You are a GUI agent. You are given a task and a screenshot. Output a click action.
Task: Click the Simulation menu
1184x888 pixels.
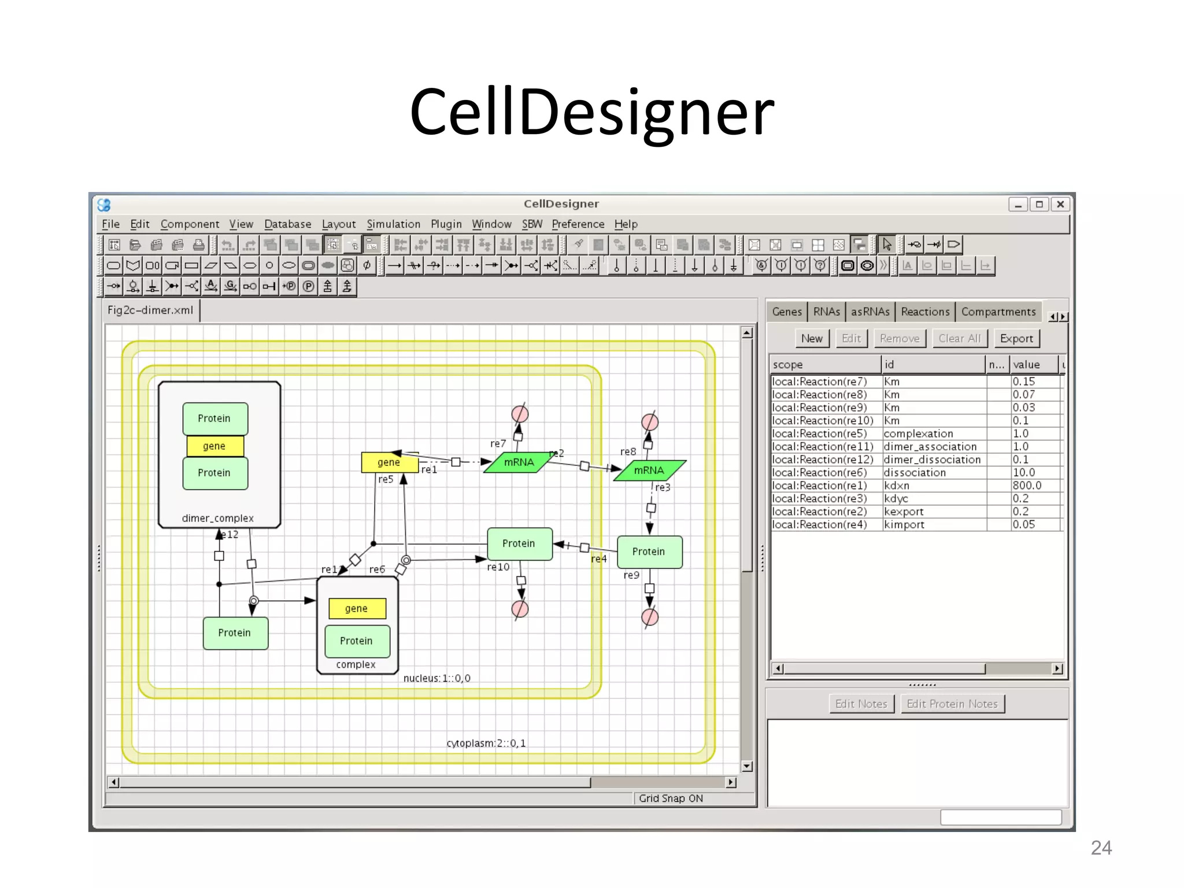(393, 224)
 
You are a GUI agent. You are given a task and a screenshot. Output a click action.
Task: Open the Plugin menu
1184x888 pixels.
(446, 224)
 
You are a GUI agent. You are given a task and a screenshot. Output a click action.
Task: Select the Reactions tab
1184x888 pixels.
(925, 312)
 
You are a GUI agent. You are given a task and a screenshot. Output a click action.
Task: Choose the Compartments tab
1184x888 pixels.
(998, 312)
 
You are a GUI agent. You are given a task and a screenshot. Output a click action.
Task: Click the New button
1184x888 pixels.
(812, 338)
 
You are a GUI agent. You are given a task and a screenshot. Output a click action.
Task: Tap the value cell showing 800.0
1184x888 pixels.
(1027, 486)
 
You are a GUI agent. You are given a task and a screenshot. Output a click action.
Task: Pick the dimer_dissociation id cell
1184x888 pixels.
(932, 460)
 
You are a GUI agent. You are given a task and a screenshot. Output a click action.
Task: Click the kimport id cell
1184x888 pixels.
(904, 524)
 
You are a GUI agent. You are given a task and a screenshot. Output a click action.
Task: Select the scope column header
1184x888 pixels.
(824, 365)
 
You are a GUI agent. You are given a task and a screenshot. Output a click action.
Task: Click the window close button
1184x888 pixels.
(1060, 204)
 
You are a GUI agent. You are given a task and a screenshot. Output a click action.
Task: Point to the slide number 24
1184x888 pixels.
(1101, 848)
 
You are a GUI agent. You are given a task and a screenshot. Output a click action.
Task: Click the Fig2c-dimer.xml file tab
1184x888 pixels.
(150, 310)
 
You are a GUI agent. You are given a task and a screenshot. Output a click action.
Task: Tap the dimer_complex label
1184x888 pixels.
(218, 518)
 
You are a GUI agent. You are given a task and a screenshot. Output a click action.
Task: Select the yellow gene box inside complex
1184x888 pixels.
(356, 608)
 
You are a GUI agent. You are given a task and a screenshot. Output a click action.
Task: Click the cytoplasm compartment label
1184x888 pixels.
(486, 743)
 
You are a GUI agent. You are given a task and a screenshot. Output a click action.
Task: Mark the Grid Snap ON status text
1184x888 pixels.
(671, 798)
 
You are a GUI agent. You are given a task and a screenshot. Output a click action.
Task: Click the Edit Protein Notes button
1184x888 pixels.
(952, 704)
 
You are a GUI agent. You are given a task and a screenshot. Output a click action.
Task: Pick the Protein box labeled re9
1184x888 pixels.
(649, 552)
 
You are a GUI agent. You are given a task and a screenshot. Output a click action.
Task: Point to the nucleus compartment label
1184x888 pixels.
(436, 678)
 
